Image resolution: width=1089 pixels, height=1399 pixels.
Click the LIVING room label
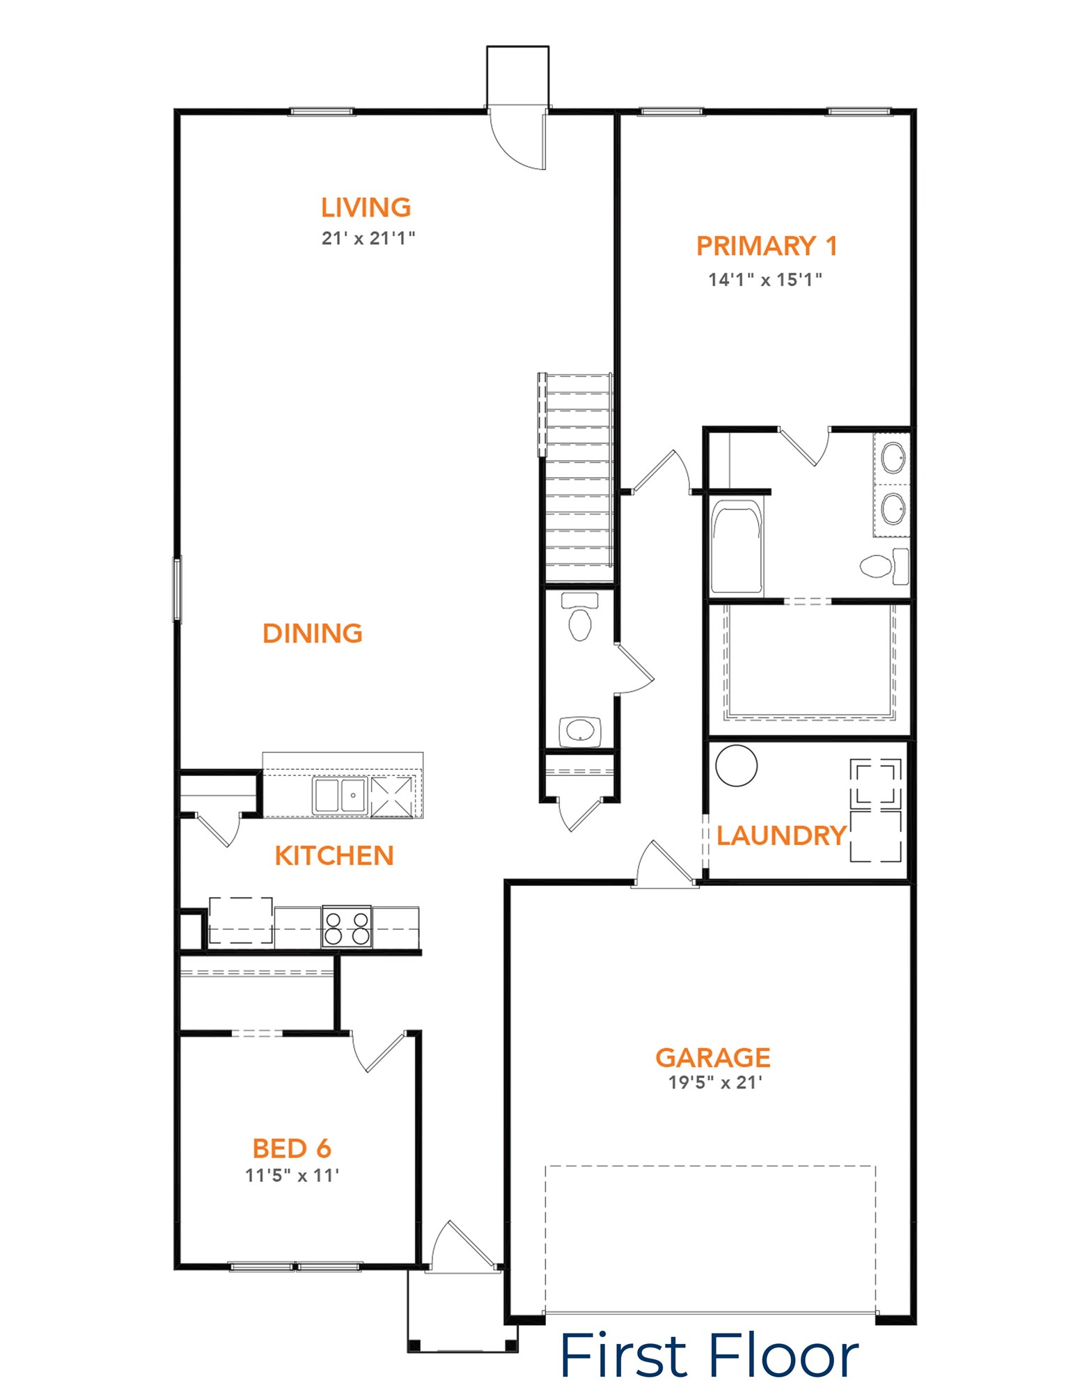click(x=366, y=207)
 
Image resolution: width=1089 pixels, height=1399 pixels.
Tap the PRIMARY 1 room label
click(x=767, y=246)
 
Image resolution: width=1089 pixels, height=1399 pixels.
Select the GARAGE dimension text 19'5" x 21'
click(x=715, y=1082)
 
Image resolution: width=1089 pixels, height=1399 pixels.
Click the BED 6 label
click(x=292, y=1148)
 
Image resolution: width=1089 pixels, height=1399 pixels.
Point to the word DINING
click(x=313, y=633)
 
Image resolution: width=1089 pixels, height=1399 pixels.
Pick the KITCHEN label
click(x=334, y=855)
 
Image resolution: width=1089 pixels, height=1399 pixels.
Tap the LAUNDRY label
click(x=781, y=835)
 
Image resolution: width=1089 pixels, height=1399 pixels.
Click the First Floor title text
click(x=709, y=1355)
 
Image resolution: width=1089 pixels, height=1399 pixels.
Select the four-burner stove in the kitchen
click(x=347, y=927)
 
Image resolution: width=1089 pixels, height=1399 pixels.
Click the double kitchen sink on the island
click(x=340, y=796)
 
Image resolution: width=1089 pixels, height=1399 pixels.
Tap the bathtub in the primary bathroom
click(x=737, y=547)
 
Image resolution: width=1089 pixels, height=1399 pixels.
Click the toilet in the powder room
click(x=580, y=616)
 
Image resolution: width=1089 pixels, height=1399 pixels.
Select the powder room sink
click(x=580, y=732)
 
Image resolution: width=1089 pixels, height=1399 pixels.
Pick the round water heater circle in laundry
click(x=736, y=765)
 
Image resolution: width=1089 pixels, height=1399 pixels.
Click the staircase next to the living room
click(x=577, y=478)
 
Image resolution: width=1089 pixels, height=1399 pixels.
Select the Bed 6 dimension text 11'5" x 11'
click(x=292, y=1175)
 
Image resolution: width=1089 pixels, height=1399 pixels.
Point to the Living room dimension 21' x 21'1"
click(x=368, y=238)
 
